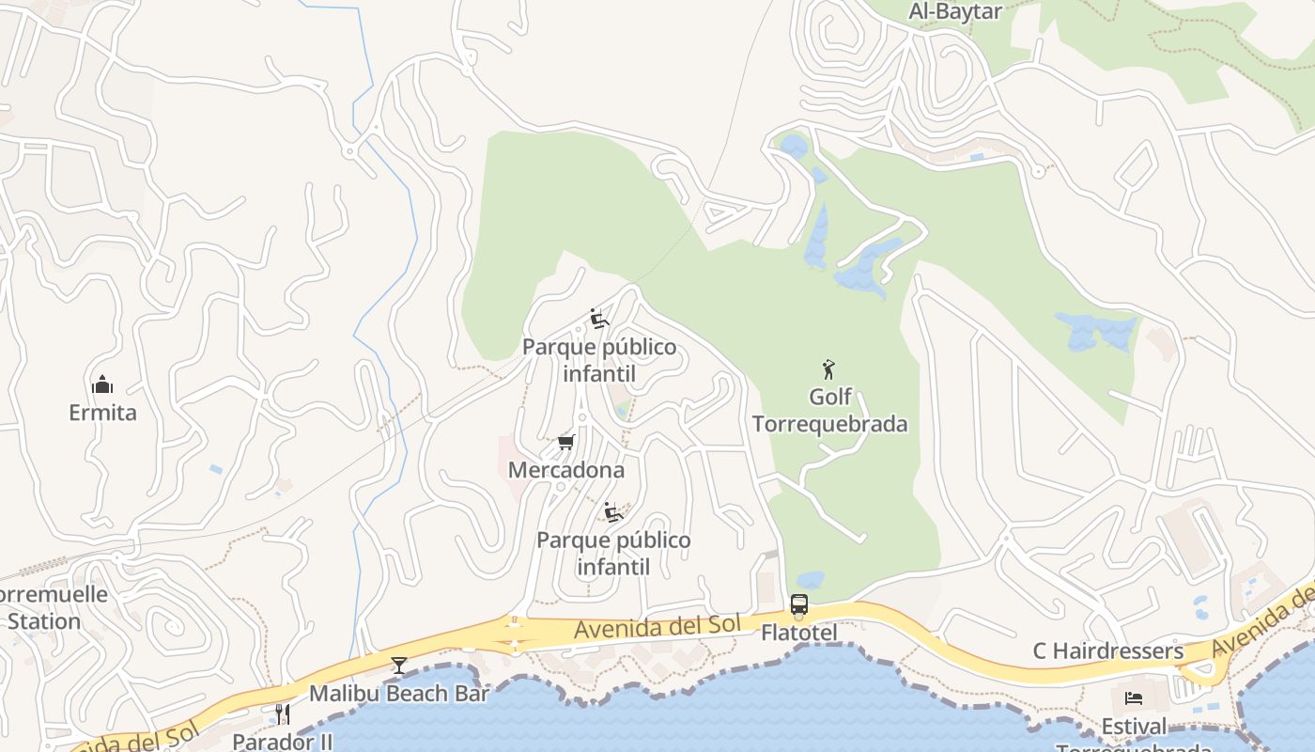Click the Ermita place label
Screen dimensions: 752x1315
pos(102,412)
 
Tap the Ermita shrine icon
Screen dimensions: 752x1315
pos(102,384)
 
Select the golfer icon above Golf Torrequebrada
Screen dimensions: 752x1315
pos(828,368)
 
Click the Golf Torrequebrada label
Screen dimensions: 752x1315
pos(830,410)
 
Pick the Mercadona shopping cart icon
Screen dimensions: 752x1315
pos(565,442)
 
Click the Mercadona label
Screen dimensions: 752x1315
pos(566,469)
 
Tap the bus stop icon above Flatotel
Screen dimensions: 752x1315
pos(799,604)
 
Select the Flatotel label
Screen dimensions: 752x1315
pos(798,633)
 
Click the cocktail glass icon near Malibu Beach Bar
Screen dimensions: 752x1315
pos(399,666)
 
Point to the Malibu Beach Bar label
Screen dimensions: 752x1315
pos(399,694)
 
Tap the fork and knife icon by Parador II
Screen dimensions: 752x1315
pos(282,714)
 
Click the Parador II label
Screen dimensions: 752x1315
pos(283,742)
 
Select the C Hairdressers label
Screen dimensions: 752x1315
pos(1108,650)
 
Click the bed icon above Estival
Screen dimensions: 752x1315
pos(1134,698)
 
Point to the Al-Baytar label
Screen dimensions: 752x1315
pos(955,11)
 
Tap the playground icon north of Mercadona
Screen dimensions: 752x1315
pos(599,320)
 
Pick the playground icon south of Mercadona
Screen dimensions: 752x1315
pos(614,512)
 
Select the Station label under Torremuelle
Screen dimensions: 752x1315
pos(44,621)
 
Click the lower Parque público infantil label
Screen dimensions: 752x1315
pos(613,553)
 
